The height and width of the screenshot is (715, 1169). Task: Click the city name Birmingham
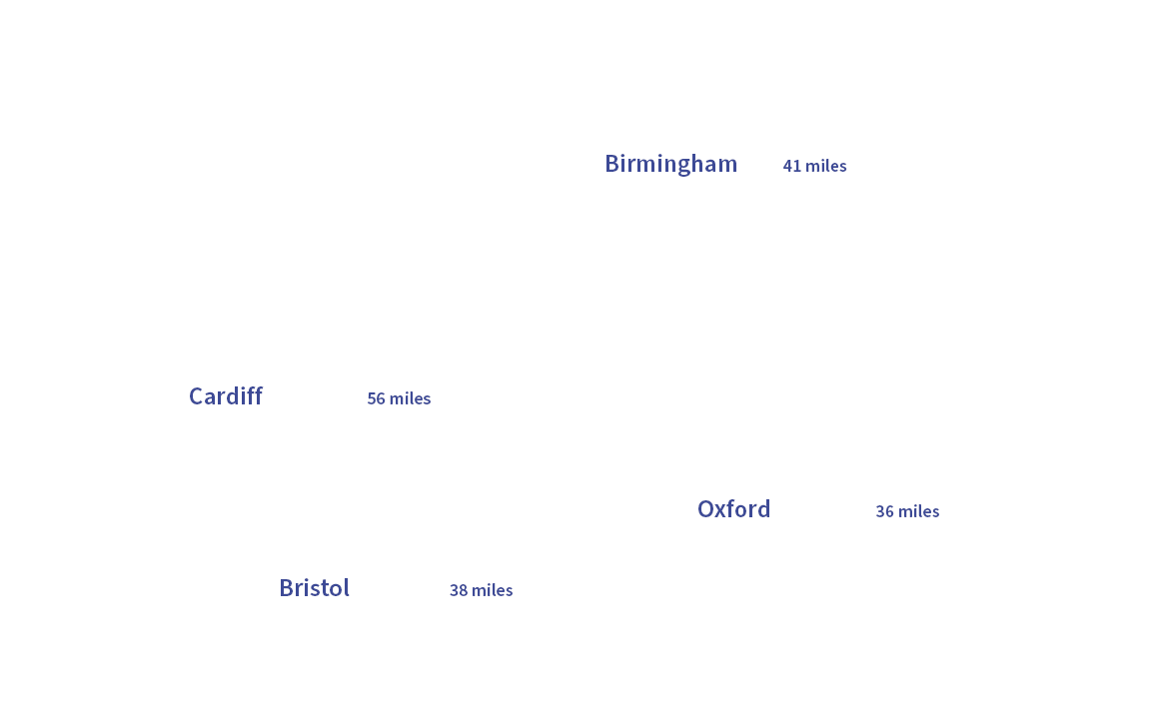click(x=670, y=164)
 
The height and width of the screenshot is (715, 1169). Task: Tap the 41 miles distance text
click(x=814, y=166)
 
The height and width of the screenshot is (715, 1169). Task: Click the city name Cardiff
click(x=226, y=396)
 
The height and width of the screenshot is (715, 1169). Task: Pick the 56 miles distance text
click(x=399, y=398)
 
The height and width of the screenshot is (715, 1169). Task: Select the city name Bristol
click(x=314, y=588)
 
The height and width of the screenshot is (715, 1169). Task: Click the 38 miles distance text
click(x=481, y=590)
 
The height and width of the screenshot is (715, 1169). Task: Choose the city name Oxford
click(x=733, y=509)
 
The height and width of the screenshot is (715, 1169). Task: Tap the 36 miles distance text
click(x=907, y=511)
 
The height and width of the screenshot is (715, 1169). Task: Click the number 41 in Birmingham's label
click(x=792, y=166)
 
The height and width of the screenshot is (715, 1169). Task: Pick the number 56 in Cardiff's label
click(x=376, y=398)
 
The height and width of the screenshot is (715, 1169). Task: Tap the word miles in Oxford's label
click(x=919, y=511)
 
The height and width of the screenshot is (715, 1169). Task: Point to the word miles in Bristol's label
click(x=493, y=590)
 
